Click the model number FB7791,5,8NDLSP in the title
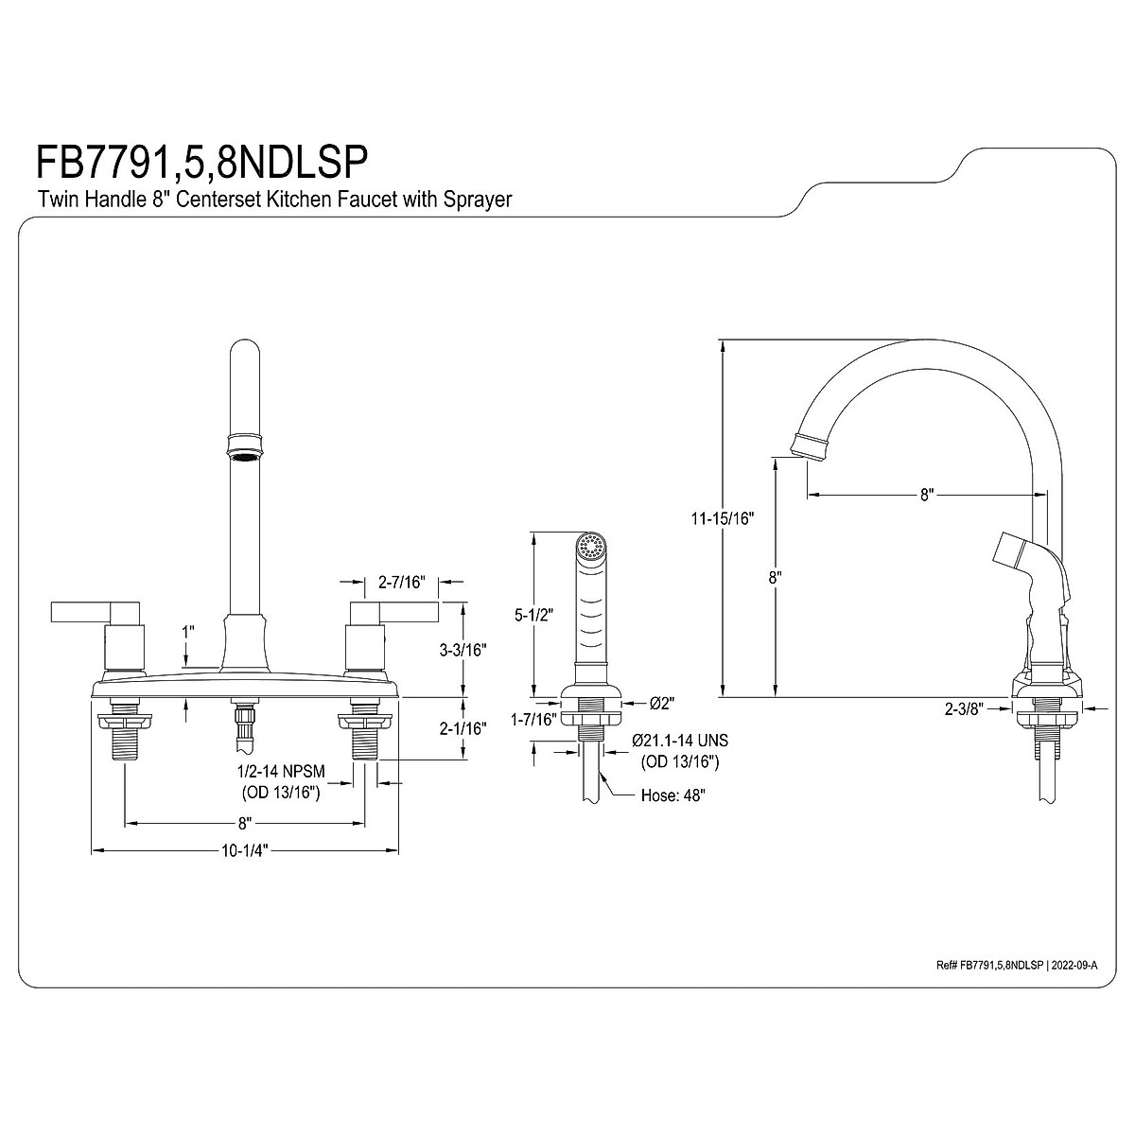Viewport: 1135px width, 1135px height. tap(201, 162)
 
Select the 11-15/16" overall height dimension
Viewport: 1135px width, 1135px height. tap(723, 518)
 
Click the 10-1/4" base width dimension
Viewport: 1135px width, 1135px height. tap(245, 849)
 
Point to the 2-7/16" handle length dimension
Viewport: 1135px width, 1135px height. tap(400, 583)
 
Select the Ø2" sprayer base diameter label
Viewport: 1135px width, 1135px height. tap(660, 703)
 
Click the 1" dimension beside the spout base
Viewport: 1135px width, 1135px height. tap(188, 630)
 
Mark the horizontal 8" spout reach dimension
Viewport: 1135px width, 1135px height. tap(926, 494)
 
